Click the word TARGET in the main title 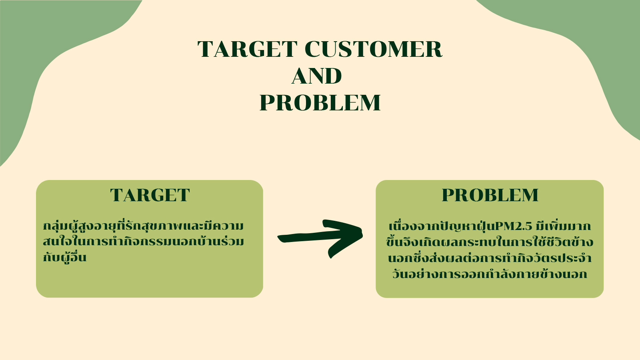coord(248,49)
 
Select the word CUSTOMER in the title coord(374,49)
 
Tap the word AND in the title coord(316,76)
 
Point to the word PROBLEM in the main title coord(320,102)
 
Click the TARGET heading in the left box coord(150,196)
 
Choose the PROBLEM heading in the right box coord(490,196)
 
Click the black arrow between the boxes coord(320,238)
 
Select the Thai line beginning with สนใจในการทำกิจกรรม coord(143,242)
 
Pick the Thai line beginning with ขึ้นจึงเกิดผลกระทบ coord(490,242)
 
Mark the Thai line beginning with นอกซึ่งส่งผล coord(490,258)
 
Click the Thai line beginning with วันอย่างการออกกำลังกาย coord(490,274)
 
